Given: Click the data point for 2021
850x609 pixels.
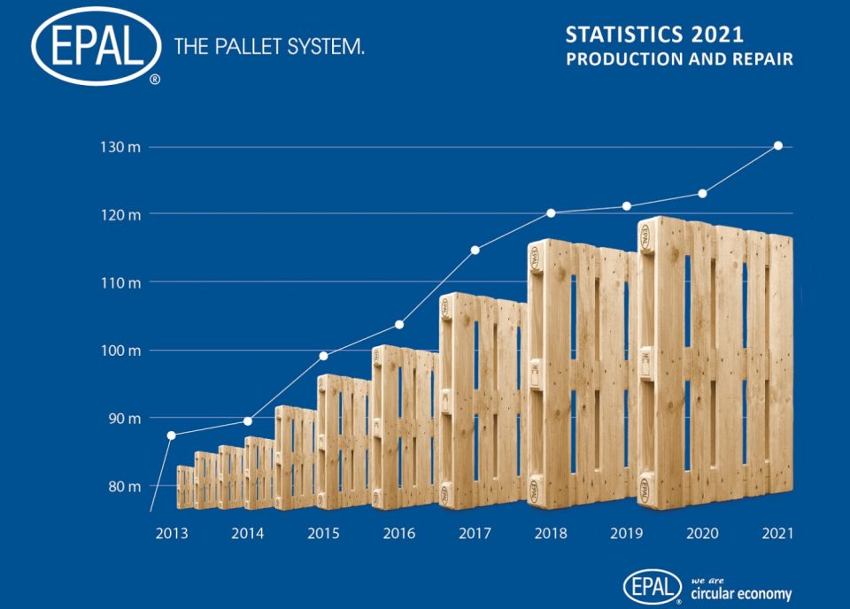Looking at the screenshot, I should tap(778, 145).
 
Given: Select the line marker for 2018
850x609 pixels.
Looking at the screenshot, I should tap(551, 212).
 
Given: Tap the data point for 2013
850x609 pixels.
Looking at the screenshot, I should tap(171, 435).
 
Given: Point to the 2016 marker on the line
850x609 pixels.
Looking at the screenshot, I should tap(399, 324).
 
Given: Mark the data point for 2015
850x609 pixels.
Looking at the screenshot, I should tap(323, 356).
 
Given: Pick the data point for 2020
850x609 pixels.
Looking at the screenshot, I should tap(702, 193).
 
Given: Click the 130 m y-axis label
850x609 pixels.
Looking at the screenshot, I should tap(120, 147).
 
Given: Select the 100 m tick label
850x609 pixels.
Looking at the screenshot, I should tap(120, 351).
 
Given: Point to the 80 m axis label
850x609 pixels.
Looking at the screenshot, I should tap(122, 486).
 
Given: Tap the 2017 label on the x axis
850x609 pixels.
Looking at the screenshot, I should tap(475, 534).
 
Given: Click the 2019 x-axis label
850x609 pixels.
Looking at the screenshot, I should tap(626, 534).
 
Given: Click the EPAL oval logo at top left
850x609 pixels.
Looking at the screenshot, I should tap(96, 46).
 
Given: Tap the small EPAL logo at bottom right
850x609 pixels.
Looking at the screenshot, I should tap(653, 586).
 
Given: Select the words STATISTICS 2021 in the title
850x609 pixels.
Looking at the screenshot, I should tap(654, 35).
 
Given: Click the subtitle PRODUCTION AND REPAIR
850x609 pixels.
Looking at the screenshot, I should tap(679, 60).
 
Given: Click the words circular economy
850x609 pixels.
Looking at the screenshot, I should tap(740, 594).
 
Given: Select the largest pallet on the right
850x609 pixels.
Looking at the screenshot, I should tap(715, 363).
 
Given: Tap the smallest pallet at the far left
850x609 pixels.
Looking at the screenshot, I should tap(185, 487).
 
